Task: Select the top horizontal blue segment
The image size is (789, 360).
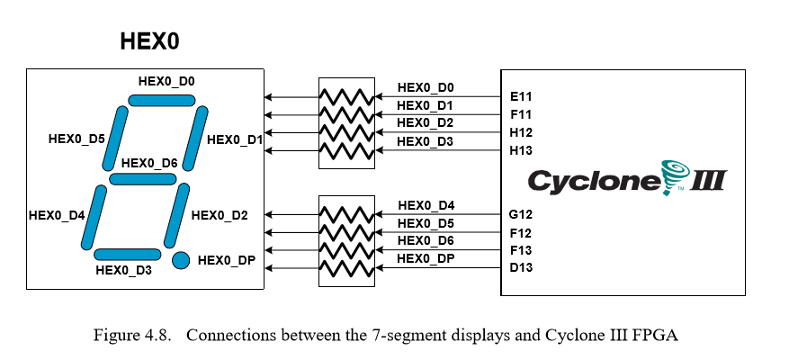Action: pyautogui.click(x=155, y=100)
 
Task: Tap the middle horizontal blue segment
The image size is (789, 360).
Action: pyautogui.click(x=142, y=179)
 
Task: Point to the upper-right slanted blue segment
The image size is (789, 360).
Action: pyautogui.click(x=195, y=138)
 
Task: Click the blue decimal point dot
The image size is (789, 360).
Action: pyautogui.click(x=181, y=260)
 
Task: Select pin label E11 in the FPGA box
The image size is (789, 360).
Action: pyautogui.click(x=522, y=95)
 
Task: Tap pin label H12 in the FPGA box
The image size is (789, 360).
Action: pyautogui.click(x=522, y=132)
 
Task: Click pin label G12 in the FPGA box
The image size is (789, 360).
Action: pyautogui.click(x=522, y=214)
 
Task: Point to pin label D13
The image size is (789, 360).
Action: pyautogui.click(x=522, y=267)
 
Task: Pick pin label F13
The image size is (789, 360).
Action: pyautogui.click(x=522, y=249)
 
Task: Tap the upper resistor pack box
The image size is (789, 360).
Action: pyautogui.click(x=346, y=123)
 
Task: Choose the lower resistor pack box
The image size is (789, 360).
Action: pyautogui.click(x=346, y=241)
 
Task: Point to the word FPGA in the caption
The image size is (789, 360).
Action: pyautogui.click(x=654, y=336)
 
